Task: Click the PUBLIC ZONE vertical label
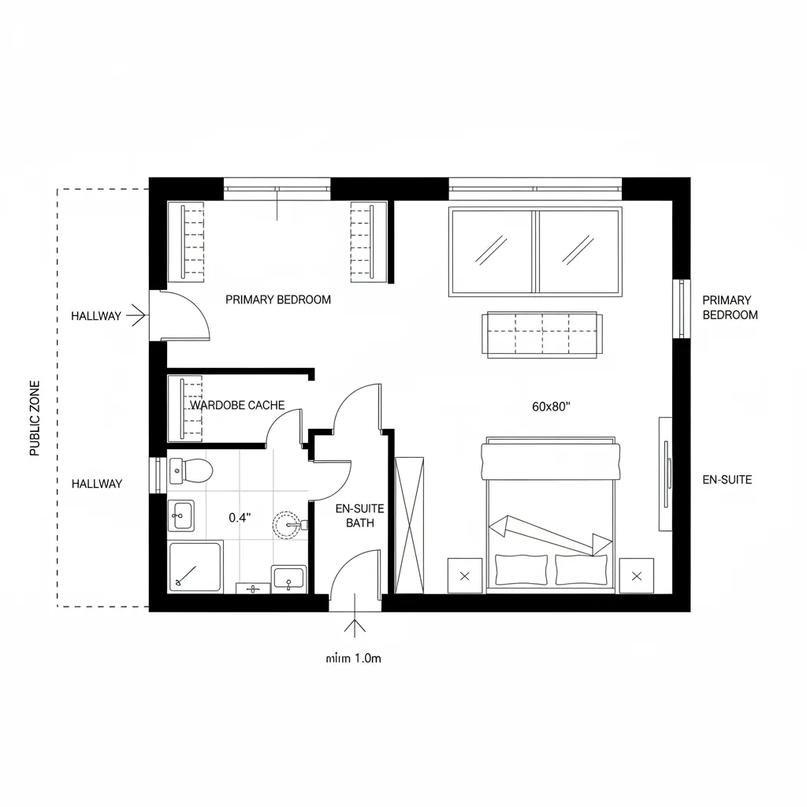click(35, 418)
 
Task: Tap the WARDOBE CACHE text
click(237, 405)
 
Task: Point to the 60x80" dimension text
click(551, 407)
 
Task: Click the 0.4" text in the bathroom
click(240, 518)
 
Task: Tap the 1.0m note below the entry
click(353, 658)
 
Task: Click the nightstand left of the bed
click(464, 576)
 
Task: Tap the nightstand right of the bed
click(636, 576)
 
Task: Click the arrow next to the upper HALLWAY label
click(138, 316)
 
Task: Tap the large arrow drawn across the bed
click(550, 534)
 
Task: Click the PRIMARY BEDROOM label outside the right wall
click(730, 307)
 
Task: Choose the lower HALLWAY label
click(97, 484)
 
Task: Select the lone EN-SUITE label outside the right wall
click(727, 479)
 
